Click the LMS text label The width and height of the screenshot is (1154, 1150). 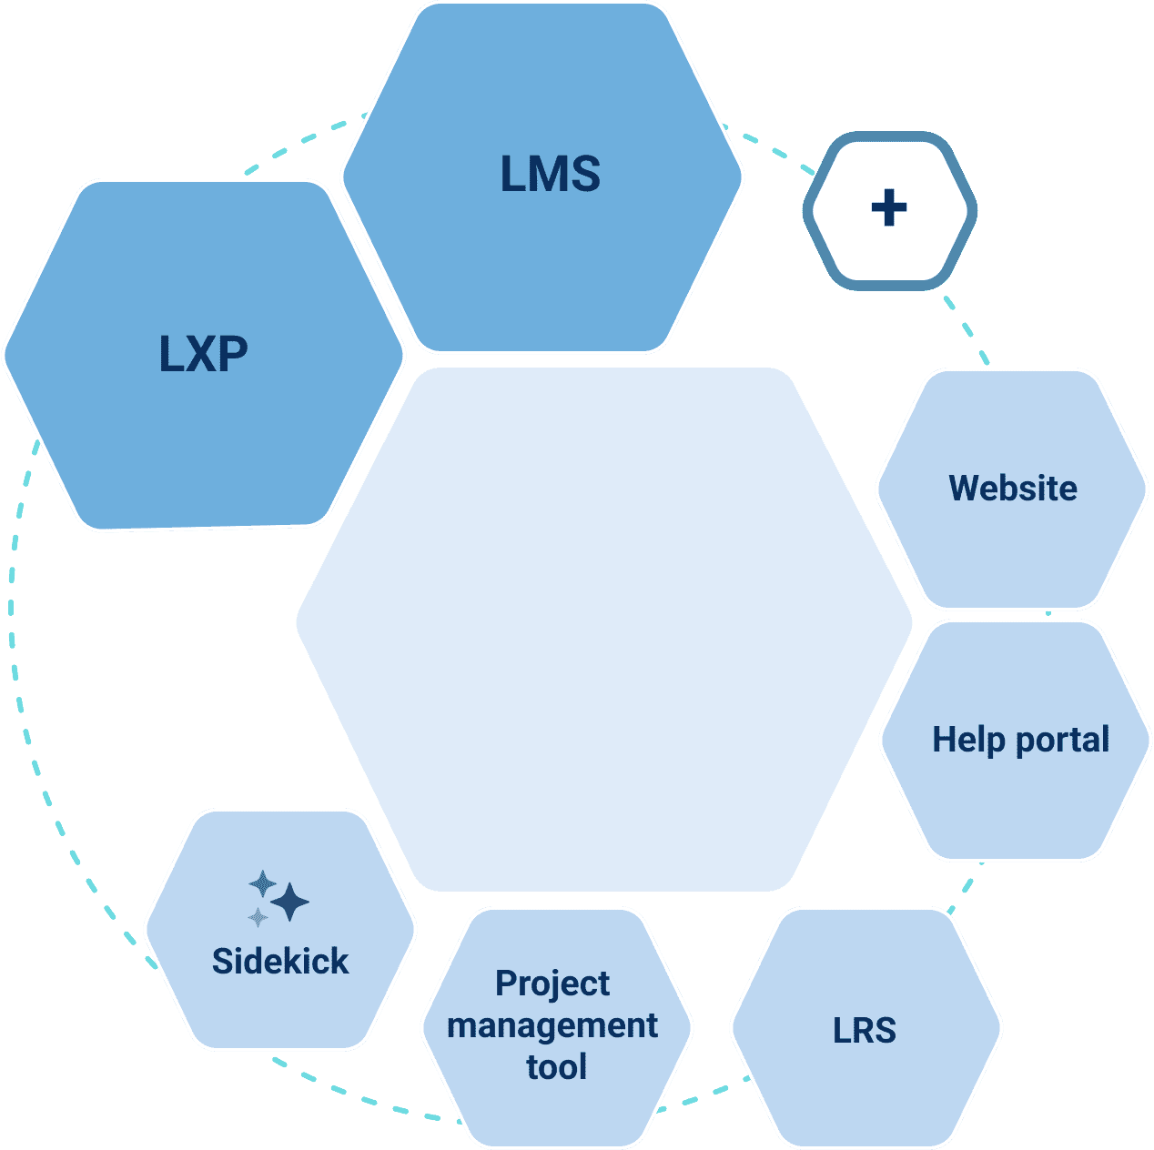tap(550, 174)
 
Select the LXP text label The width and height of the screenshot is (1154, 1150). tap(203, 354)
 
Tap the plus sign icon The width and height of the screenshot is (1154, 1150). tap(889, 208)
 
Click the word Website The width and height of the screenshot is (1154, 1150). tap(1012, 489)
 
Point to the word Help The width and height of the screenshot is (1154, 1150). tap(970, 740)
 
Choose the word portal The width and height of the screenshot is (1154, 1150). tap(1063, 741)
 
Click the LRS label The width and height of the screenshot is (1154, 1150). tap(865, 1030)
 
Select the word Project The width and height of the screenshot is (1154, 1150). tap(552, 984)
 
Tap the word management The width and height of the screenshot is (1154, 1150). tap(552, 1025)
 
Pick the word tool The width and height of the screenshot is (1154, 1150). tap(556, 1066)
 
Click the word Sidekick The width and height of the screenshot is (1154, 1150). tap(280, 961)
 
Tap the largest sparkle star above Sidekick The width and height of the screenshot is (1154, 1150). tap(290, 902)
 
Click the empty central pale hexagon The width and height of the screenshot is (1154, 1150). tap(603, 628)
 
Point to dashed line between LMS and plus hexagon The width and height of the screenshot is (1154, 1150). tap(769, 146)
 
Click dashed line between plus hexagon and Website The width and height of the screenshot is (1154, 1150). tap(965, 328)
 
